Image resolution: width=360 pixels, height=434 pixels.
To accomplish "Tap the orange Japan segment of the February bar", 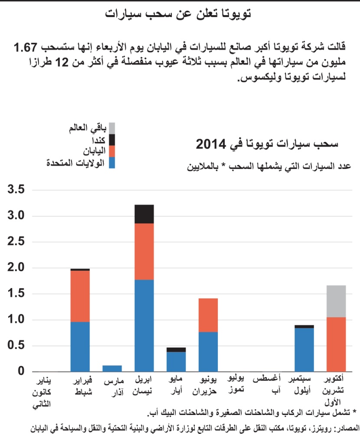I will (80, 296).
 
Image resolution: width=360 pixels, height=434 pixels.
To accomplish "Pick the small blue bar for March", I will (112, 368).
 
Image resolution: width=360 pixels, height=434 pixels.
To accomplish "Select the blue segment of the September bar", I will (304, 350).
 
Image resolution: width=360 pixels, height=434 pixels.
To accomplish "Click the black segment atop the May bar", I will (176, 349).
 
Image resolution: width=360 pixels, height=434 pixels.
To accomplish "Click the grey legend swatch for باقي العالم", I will (112, 128).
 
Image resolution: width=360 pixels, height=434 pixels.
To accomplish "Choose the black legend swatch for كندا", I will (112, 140).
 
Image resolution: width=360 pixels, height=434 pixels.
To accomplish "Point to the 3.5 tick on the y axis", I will (16, 190).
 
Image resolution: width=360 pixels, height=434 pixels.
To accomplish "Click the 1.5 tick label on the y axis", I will (16, 294).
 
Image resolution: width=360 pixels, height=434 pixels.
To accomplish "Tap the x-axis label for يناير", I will (43, 382).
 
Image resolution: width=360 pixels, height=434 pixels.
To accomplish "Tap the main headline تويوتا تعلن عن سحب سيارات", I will (180, 14).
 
